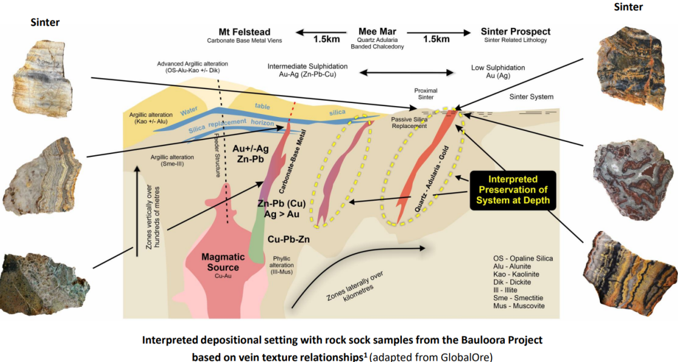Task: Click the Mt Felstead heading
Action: (245, 32)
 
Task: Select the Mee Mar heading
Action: (378, 32)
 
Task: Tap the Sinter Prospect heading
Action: (515, 32)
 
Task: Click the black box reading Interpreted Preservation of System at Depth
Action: (513, 190)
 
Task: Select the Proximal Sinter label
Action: (426, 94)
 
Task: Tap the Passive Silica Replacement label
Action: (409, 122)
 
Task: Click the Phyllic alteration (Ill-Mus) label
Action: (281, 265)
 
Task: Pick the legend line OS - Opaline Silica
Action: (523, 258)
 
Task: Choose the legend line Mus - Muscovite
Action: (519, 306)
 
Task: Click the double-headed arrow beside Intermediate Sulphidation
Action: (406, 73)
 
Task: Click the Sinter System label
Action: (531, 97)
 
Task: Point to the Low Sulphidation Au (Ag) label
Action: (498, 72)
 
